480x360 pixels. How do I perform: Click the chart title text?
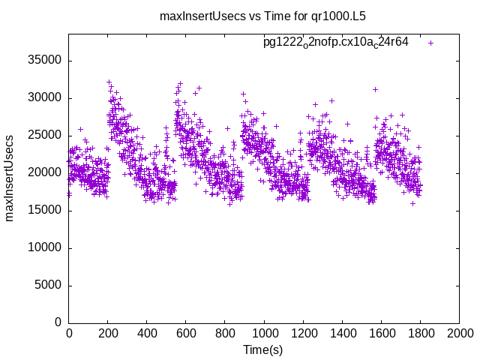pos(262,16)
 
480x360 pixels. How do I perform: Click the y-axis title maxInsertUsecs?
pos(10,178)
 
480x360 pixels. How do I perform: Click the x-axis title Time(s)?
pos(262,349)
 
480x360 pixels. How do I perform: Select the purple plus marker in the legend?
pos(430,43)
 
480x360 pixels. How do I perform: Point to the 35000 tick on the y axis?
pos(46,61)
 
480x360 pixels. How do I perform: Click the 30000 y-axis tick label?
pos(46,98)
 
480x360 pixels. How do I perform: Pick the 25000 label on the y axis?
pos(46,136)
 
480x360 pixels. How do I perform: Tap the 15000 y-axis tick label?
pos(46,211)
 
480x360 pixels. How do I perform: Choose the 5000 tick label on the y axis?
pos(49,286)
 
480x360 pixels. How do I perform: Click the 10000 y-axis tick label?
pos(46,248)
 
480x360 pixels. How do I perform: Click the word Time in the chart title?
pos(263,16)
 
